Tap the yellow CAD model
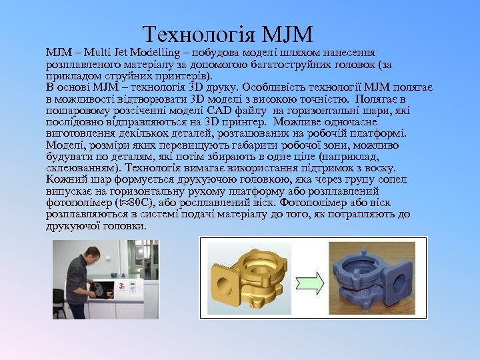coord(250,277)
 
